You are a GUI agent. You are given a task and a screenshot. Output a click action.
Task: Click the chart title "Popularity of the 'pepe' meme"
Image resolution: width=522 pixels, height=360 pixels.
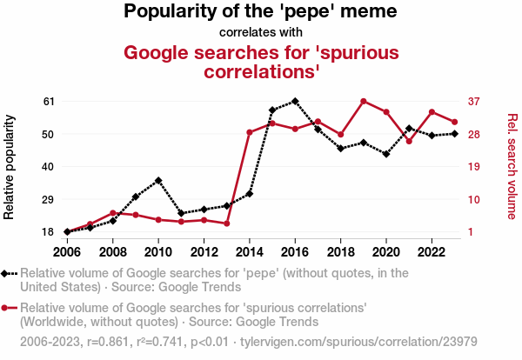tap(261, 12)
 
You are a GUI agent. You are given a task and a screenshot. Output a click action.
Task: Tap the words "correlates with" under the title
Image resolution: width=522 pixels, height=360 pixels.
tap(261, 33)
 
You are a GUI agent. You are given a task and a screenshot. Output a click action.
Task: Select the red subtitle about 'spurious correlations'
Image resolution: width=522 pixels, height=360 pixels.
tap(261, 61)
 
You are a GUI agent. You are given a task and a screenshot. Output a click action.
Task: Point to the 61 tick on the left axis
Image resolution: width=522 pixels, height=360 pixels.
tap(49, 101)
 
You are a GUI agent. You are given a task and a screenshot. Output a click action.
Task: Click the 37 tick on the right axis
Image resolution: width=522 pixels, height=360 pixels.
tap(473, 101)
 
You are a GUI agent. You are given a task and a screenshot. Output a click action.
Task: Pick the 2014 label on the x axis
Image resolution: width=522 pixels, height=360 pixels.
tap(250, 252)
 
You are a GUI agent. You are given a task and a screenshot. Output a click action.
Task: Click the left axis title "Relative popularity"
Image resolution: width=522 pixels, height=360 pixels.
tap(10, 166)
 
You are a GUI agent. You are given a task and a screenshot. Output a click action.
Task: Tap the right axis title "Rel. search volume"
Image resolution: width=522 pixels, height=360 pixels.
tap(512, 166)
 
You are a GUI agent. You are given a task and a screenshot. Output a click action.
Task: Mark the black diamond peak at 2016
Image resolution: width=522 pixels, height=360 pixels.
tap(295, 101)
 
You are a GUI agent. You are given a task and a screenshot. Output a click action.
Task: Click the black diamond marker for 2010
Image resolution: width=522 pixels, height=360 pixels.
tap(158, 180)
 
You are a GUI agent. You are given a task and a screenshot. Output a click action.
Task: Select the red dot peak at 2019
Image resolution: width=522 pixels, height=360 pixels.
tap(364, 101)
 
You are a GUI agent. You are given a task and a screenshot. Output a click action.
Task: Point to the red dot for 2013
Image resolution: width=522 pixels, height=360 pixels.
tap(226, 223)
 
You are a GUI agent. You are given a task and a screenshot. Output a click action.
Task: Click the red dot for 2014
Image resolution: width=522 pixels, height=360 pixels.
tap(250, 132)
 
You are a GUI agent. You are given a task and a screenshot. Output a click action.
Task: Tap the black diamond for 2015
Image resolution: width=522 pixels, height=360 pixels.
tap(272, 110)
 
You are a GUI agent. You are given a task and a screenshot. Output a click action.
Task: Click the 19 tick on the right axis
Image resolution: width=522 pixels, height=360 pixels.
tap(473, 166)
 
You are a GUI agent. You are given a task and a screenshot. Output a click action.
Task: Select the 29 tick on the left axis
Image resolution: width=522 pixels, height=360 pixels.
tap(49, 199)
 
